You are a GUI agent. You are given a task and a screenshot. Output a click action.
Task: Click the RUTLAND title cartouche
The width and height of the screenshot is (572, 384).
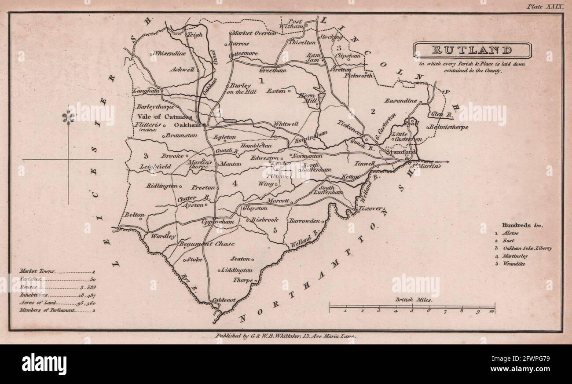pos(472,50)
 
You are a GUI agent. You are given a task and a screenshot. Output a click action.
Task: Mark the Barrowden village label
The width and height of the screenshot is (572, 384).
pos(304,221)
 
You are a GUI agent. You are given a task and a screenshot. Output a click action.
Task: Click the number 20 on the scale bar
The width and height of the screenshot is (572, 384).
pos(491,311)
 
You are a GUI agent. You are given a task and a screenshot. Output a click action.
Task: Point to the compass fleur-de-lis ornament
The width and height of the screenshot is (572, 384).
pos(68,117)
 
